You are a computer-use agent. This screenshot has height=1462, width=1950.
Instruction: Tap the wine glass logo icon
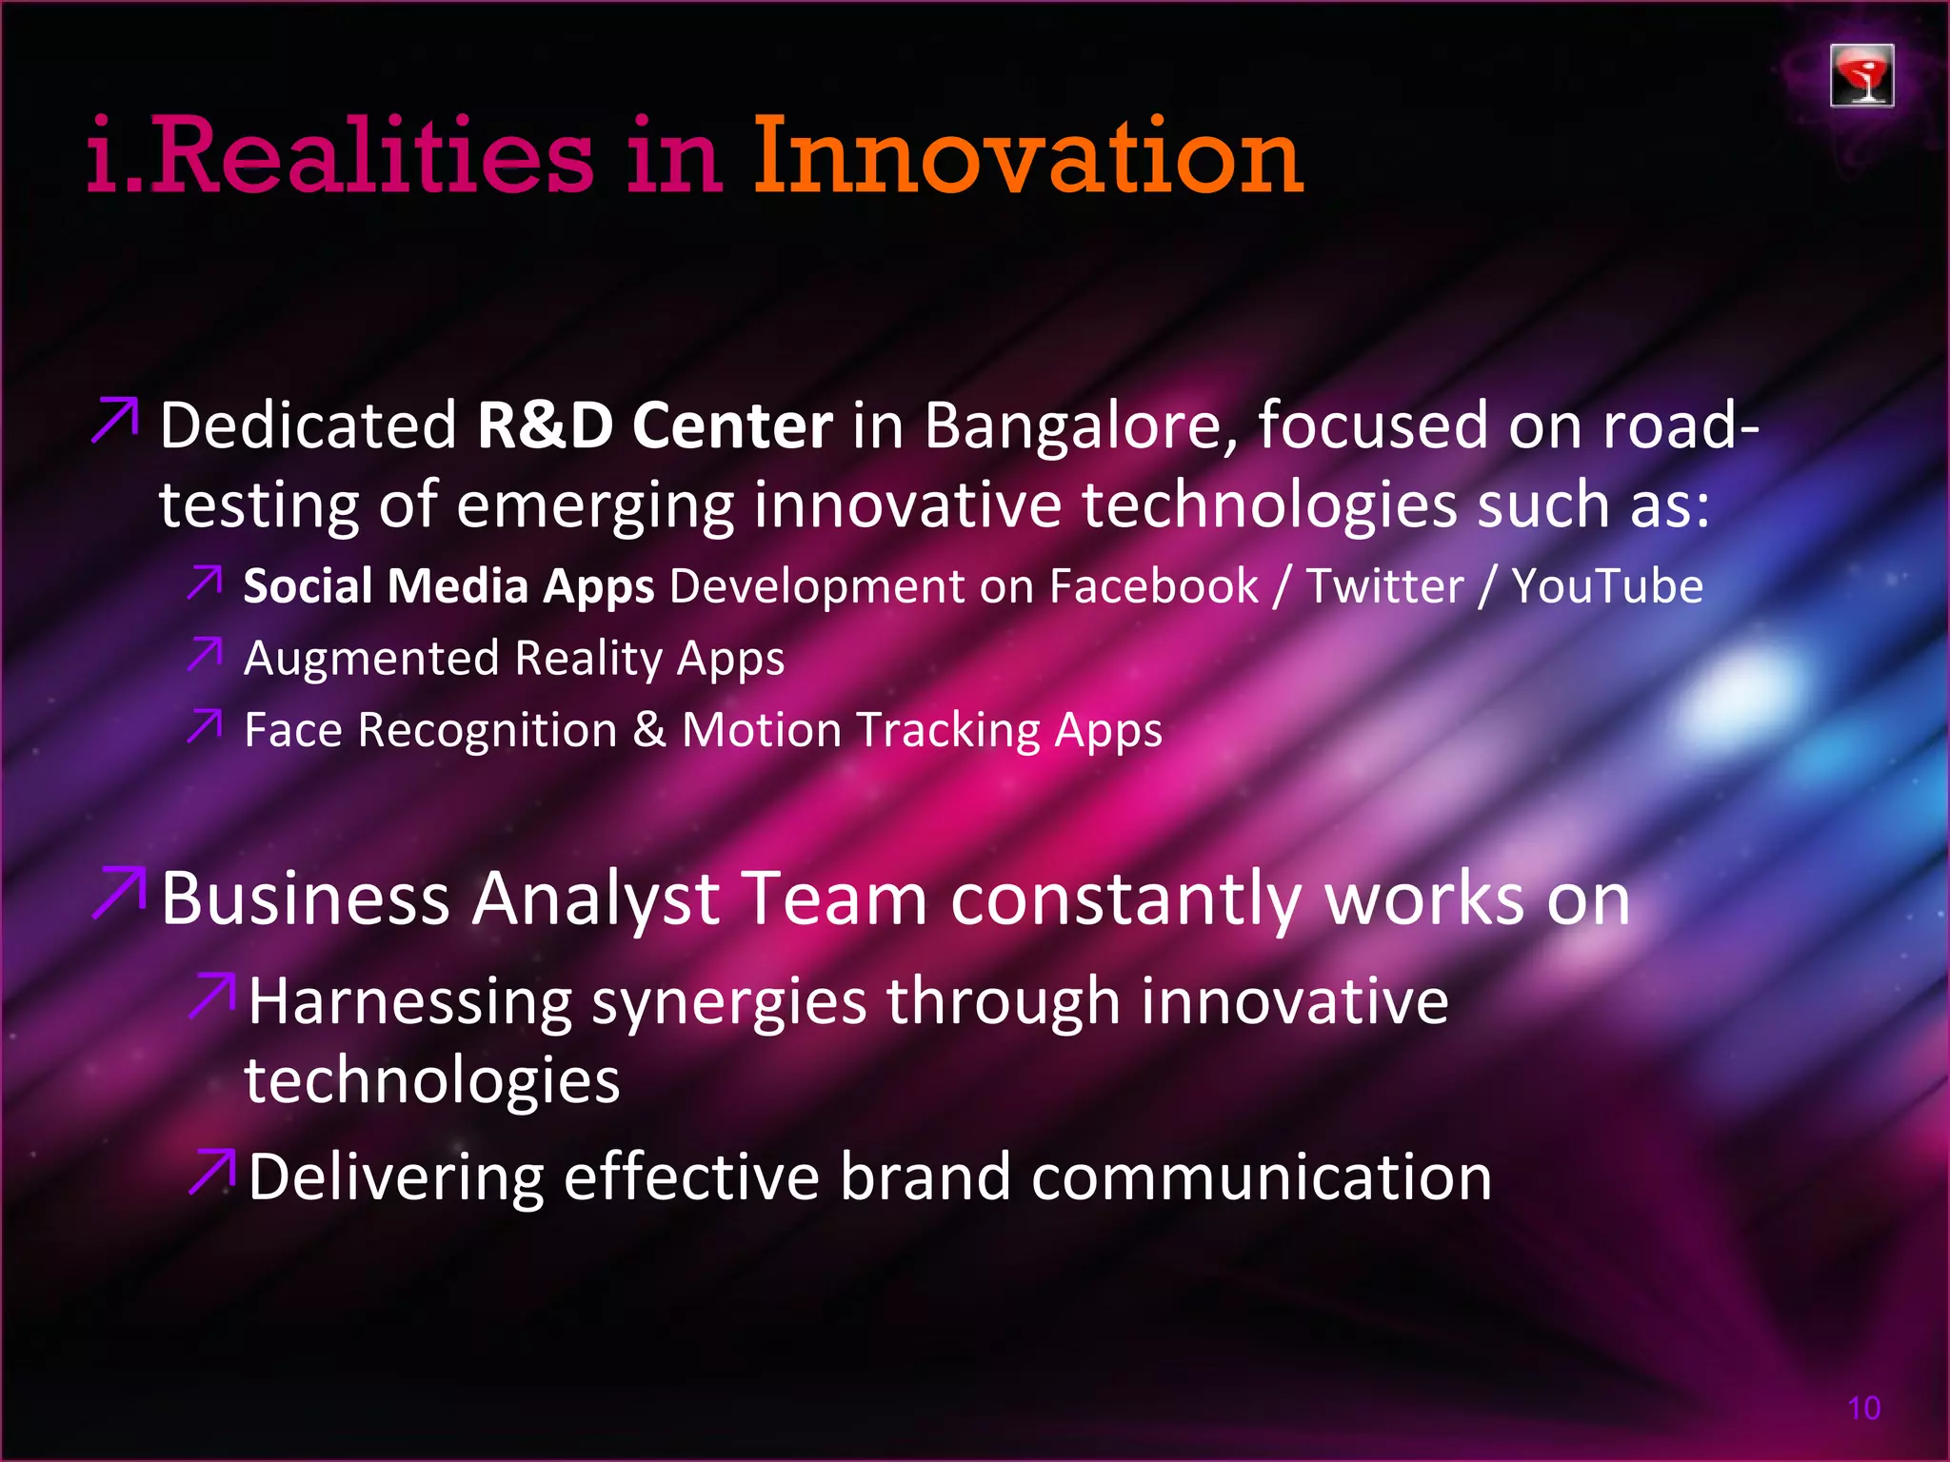tap(1861, 75)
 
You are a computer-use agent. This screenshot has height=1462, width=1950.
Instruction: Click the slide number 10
tap(1863, 1408)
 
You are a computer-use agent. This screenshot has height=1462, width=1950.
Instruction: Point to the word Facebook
tap(1153, 586)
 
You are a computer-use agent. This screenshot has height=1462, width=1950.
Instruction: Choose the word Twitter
tap(1384, 586)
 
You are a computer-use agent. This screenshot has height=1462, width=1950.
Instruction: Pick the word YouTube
tap(1607, 586)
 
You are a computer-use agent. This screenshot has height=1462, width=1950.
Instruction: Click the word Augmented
tap(371, 659)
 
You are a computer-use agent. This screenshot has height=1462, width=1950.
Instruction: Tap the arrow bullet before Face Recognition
tap(205, 726)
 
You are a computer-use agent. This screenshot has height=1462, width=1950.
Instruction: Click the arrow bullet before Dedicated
tap(115, 421)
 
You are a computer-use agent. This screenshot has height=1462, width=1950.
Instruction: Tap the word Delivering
tap(395, 1177)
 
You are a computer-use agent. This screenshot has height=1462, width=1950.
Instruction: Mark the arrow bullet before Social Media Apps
tap(205, 583)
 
